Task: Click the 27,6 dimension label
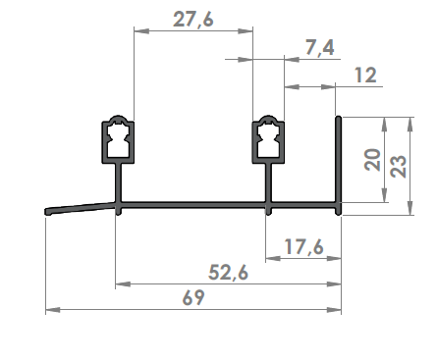(193, 20)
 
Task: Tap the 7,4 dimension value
(320, 48)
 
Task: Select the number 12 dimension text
(365, 75)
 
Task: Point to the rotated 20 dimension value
(372, 160)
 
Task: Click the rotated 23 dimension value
(399, 167)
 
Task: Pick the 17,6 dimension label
(303, 246)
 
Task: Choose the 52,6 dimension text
(228, 273)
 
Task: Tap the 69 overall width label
(193, 297)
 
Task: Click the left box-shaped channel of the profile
(118, 139)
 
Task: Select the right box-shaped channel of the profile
(268, 139)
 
